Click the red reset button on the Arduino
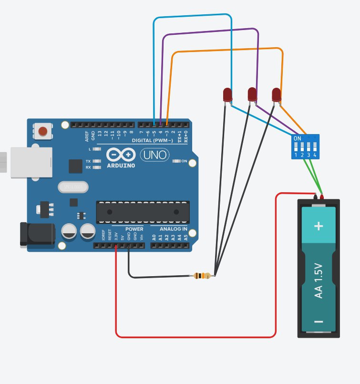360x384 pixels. click(x=43, y=131)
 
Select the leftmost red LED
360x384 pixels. click(x=227, y=95)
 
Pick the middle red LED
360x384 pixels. click(x=252, y=94)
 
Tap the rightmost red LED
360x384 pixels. click(x=277, y=94)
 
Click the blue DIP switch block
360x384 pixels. click(x=305, y=146)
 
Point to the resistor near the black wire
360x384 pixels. click(x=202, y=276)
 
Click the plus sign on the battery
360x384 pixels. click(x=319, y=226)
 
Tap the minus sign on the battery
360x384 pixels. click(x=319, y=322)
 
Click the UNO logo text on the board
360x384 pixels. click(x=154, y=155)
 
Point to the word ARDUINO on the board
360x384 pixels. click(x=121, y=166)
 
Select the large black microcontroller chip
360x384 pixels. click(x=143, y=212)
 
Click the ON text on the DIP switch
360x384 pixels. click(x=298, y=138)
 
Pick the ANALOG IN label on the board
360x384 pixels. click(x=170, y=229)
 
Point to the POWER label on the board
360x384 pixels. click(x=134, y=229)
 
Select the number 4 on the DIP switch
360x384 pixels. click(x=315, y=155)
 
